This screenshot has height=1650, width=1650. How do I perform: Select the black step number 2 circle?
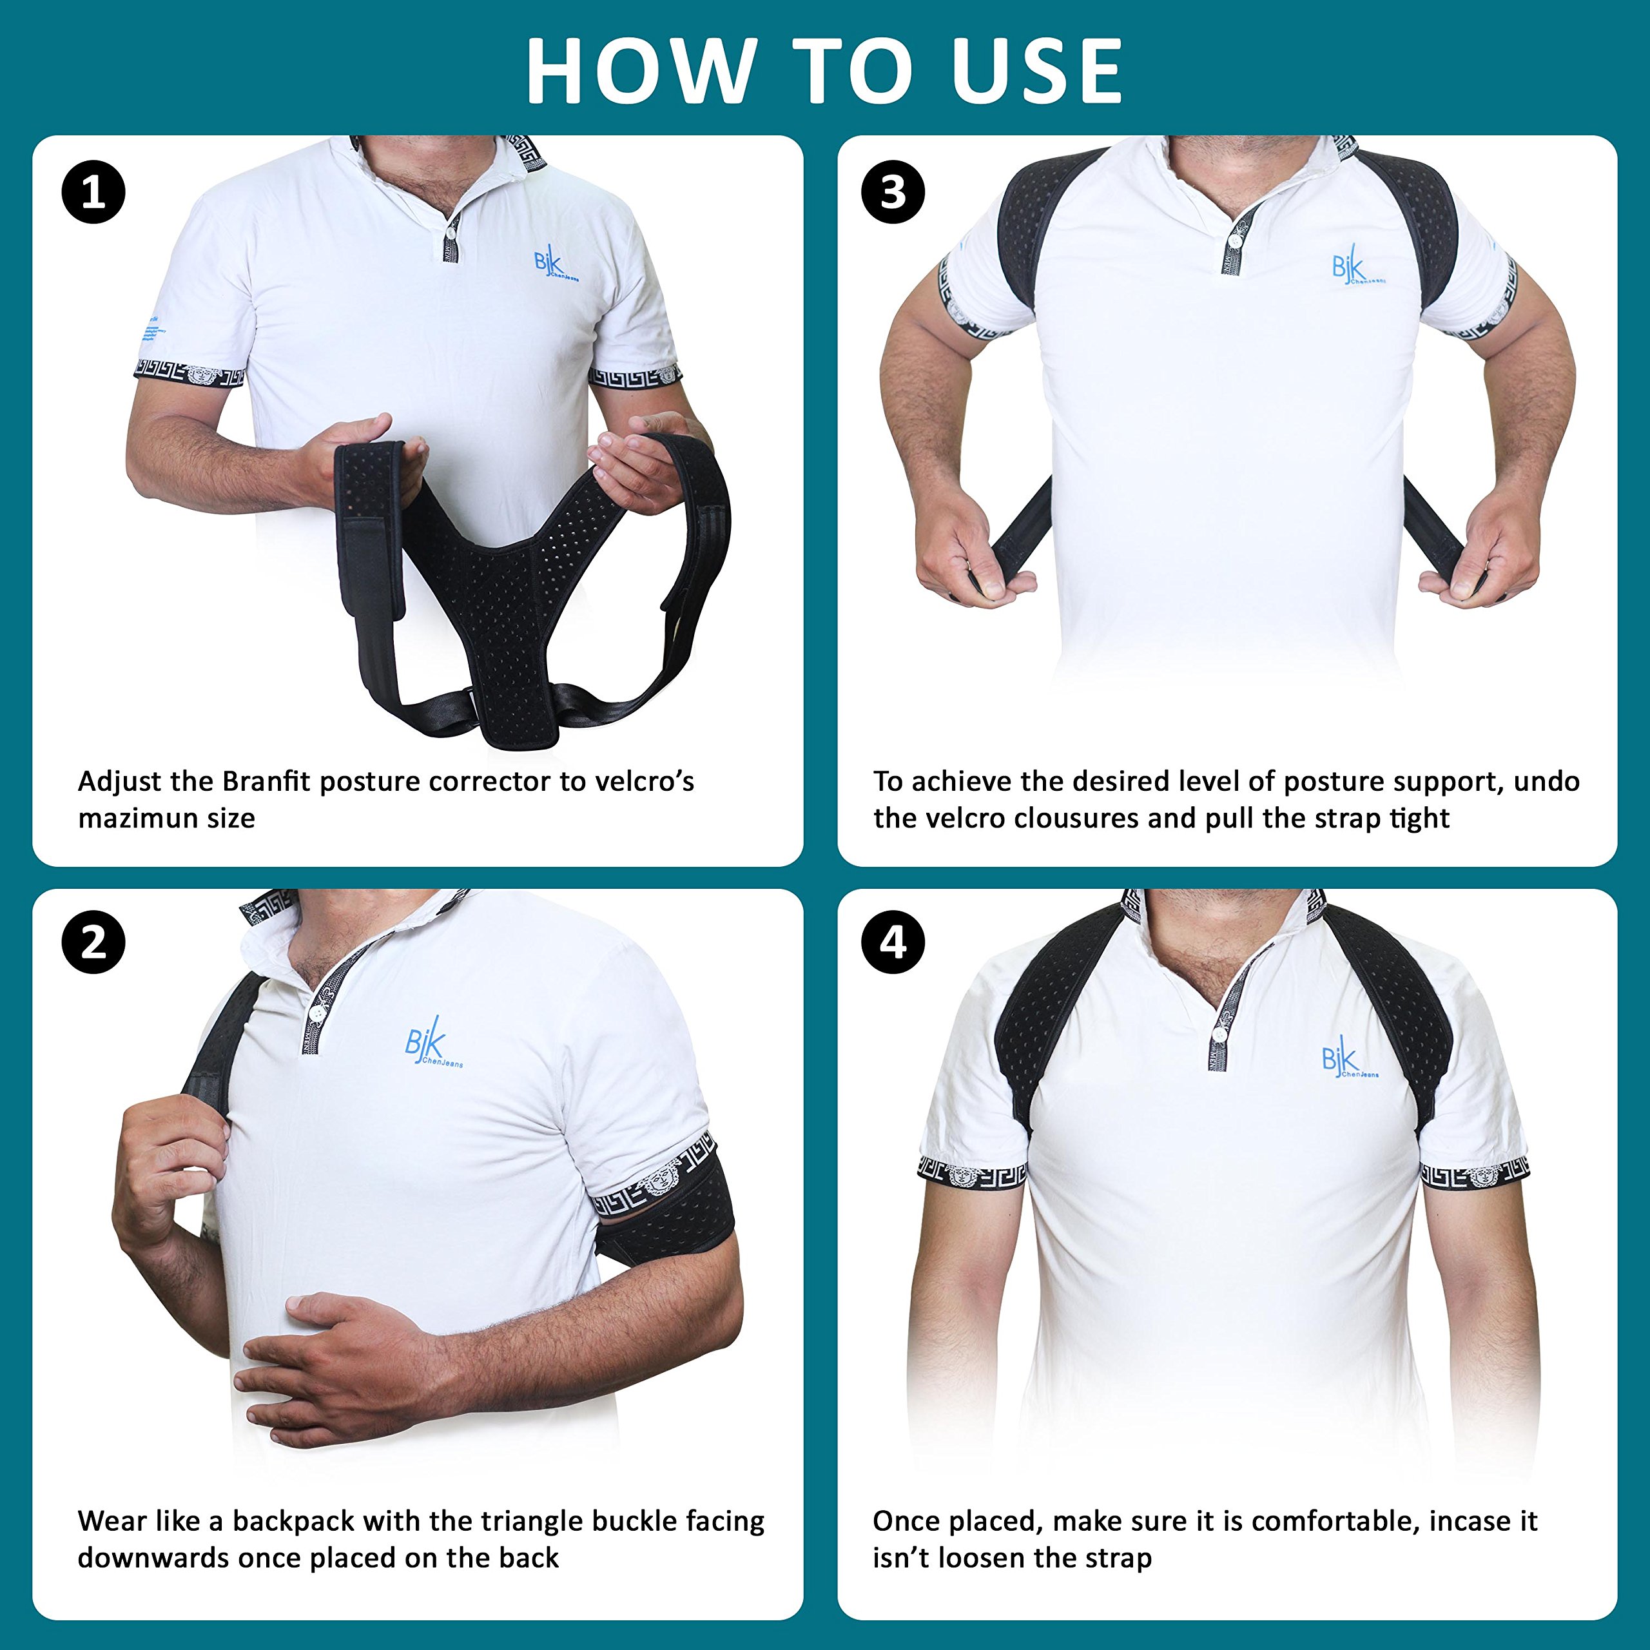(93, 944)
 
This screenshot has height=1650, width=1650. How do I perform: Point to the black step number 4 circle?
(893, 944)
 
